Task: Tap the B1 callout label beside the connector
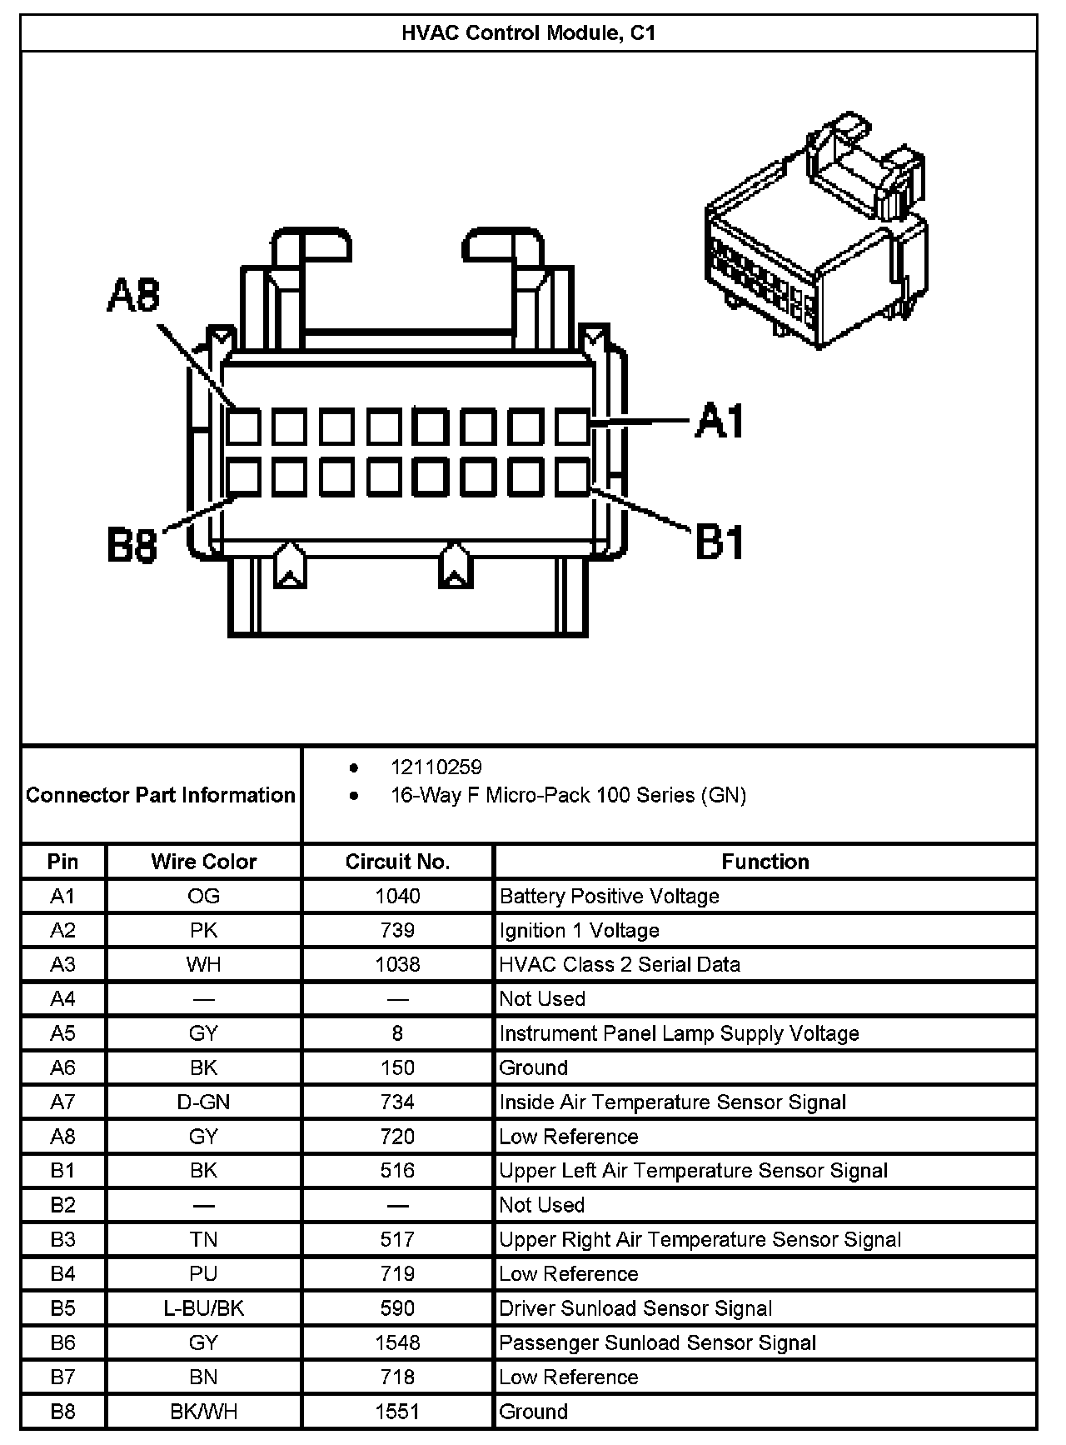(x=719, y=542)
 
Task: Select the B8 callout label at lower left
(x=132, y=547)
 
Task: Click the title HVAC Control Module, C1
(x=529, y=33)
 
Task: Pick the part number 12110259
(x=436, y=767)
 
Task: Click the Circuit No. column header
(x=397, y=862)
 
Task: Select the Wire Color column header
(x=204, y=862)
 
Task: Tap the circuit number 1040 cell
(x=397, y=896)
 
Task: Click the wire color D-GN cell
(x=204, y=1102)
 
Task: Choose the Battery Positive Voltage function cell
(x=609, y=896)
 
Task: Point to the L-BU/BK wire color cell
(x=204, y=1307)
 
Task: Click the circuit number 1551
(x=397, y=1411)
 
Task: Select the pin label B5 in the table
(x=63, y=1307)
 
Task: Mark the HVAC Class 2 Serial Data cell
(x=620, y=964)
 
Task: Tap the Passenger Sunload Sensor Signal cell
(x=657, y=1342)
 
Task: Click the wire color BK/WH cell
(x=204, y=1411)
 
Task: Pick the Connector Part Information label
(x=161, y=795)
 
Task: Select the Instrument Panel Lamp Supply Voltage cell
(x=679, y=1033)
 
